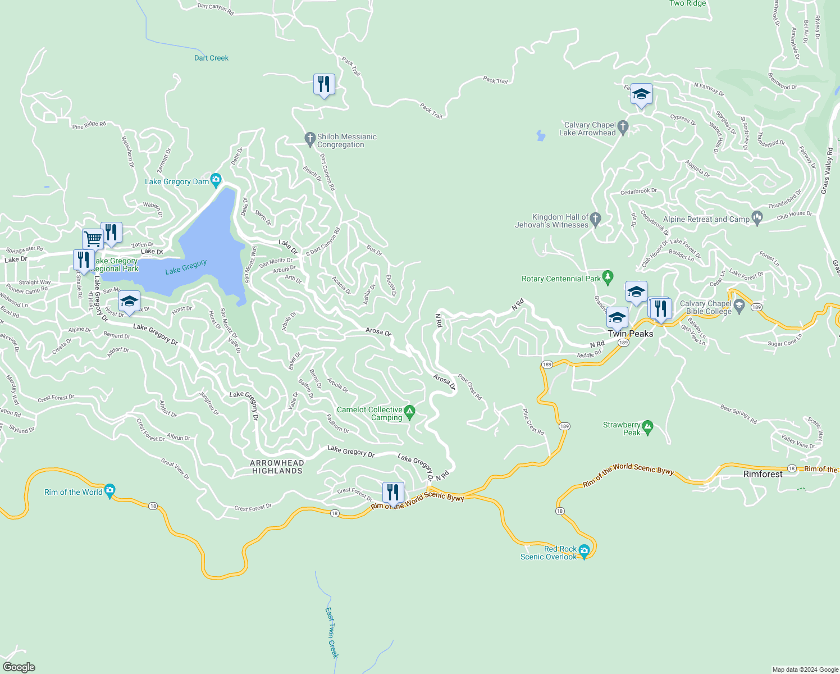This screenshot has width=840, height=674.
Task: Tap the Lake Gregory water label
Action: pos(186,267)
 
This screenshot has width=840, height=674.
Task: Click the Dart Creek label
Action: pos(211,58)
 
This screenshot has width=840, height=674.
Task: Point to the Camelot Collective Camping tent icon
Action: pos(410,413)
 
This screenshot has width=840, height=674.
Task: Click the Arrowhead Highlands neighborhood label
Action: pos(277,467)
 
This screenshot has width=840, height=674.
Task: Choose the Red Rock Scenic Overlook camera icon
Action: pos(584,550)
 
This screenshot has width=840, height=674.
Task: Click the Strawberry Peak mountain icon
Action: pos(647,428)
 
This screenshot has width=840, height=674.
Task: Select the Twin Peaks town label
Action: pos(631,334)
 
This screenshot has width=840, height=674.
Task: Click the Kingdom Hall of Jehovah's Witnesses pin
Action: pos(596,220)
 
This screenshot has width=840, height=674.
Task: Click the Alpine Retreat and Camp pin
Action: pos(757,218)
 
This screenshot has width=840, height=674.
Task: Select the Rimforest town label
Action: pos(763,474)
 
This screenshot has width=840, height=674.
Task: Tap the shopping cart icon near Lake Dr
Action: pos(93,239)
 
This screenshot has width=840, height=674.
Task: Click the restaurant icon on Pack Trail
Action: pos(324,85)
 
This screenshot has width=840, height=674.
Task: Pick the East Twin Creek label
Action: pos(331,632)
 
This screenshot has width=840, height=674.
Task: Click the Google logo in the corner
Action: pos(19,667)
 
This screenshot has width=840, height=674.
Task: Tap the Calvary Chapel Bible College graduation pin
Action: pos(739,306)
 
